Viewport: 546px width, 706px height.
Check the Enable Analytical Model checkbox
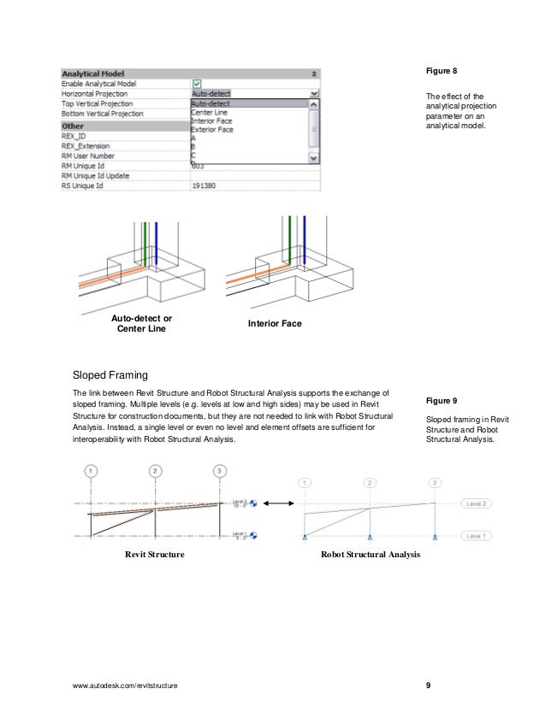(x=197, y=84)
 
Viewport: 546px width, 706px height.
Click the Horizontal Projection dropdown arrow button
(x=314, y=94)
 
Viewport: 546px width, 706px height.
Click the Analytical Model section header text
(x=94, y=74)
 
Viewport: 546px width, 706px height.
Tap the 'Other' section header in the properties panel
(x=73, y=125)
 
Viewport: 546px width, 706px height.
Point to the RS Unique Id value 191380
(x=204, y=185)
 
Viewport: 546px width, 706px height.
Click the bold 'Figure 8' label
(x=442, y=70)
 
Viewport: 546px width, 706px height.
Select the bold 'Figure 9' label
(x=442, y=400)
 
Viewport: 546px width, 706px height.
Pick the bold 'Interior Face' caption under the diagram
(x=275, y=324)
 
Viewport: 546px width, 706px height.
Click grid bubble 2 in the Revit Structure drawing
(x=154, y=471)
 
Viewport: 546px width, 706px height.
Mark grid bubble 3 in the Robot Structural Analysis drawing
(x=436, y=483)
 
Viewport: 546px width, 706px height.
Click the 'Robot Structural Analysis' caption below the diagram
(x=370, y=555)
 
